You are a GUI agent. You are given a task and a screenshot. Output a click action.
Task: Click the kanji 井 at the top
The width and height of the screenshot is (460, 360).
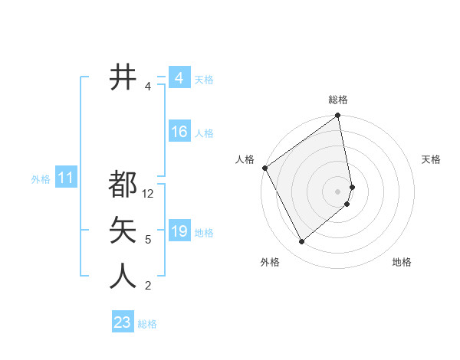tap(123, 77)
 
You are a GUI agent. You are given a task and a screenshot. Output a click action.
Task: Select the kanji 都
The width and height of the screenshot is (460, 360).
tap(123, 184)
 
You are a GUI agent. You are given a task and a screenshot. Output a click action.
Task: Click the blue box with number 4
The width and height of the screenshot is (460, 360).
tap(179, 78)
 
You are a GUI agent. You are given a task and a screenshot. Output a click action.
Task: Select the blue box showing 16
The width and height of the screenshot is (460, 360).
tap(179, 132)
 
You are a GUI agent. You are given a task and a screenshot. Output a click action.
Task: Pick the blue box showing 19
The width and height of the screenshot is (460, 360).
tap(179, 231)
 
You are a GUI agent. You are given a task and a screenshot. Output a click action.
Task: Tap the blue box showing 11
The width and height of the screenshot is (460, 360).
tap(65, 178)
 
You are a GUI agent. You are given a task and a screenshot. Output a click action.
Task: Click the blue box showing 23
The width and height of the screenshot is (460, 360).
tap(122, 322)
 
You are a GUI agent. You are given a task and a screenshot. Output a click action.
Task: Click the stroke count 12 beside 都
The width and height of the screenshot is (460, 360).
tap(149, 194)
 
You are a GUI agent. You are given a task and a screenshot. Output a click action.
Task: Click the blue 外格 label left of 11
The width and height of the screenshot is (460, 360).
tap(41, 179)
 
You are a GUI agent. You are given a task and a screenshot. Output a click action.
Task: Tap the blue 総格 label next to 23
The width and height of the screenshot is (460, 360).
tap(147, 324)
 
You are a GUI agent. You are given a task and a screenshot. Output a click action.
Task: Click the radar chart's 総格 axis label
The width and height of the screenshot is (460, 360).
tap(338, 100)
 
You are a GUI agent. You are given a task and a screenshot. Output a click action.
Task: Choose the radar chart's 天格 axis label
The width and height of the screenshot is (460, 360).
tap(431, 159)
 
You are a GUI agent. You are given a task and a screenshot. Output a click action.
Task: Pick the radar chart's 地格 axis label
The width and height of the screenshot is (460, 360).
tap(402, 262)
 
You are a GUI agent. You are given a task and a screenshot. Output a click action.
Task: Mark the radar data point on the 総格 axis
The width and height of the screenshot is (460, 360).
tap(338, 116)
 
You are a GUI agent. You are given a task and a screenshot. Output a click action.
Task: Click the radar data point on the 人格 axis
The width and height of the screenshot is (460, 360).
tap(264, 168)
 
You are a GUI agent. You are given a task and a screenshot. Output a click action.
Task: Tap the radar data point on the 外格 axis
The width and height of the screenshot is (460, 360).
tap(301, 242)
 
